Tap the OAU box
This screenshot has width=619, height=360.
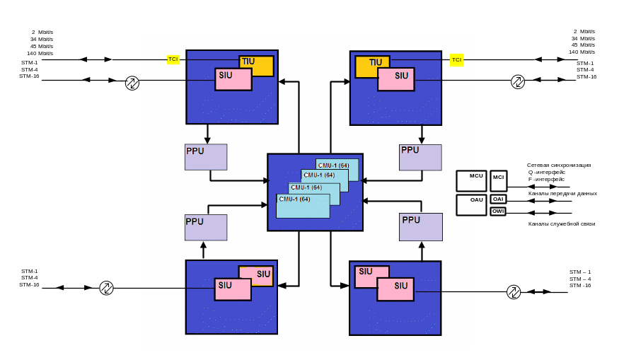click(472, 205)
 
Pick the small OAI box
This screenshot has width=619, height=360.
click(499, 199)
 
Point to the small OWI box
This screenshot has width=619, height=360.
click(499, 211)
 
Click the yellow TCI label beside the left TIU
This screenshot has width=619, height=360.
click(173, 60)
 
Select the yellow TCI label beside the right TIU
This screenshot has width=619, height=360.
click(456, 60)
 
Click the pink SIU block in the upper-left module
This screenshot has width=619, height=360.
click(233, 79)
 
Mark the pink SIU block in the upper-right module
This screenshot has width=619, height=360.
click(396, 80)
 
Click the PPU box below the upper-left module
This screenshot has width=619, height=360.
click(206, 157)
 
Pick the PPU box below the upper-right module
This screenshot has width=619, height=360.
click(420, 157)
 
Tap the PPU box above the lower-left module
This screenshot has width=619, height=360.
click(206, 228)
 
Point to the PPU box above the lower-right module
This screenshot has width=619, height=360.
click(420, 227)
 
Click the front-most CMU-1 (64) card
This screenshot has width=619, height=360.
click(303, 206)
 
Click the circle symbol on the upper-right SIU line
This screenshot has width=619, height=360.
click(517, 83)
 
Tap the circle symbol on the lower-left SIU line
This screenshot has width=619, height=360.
click(106, 288)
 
